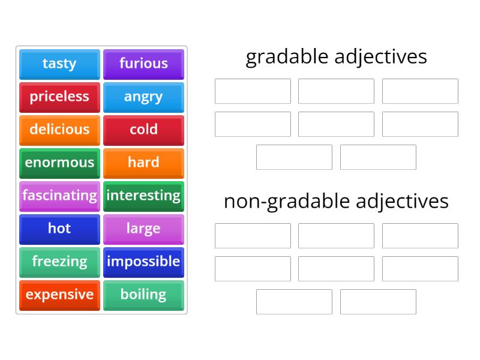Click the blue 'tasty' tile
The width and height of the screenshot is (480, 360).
pos(59,64)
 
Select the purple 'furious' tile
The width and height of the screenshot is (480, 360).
pos(143,64)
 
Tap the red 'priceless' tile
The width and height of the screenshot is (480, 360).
pos(59,97)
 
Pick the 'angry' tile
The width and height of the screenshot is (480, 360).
pos(143,97)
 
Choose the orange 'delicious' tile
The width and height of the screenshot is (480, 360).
pos(59,130)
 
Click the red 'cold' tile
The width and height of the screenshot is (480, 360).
pos(143,130)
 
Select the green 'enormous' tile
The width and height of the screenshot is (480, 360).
pos(59,163)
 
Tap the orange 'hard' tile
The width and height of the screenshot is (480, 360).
pos(143,163)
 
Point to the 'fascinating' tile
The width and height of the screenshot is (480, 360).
pos(59,196)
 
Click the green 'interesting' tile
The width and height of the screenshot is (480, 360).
pos(143,196)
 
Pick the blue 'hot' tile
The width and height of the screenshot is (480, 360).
pos(59,229)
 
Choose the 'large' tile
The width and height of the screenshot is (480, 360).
pos(143,229)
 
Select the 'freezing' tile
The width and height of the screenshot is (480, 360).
pos(59,262)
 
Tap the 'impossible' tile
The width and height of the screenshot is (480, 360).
pos(143,262)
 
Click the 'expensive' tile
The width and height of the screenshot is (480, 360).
pos(59,295)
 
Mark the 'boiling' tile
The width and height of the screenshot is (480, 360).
pos(143,295)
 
